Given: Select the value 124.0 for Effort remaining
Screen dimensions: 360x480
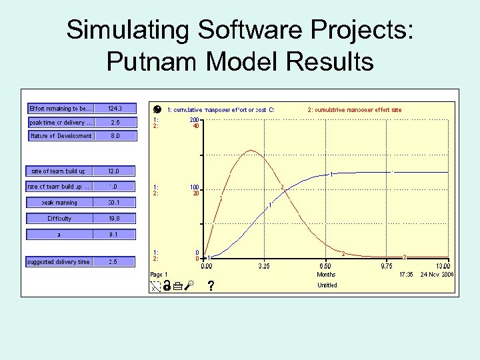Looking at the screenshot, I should [114, 108].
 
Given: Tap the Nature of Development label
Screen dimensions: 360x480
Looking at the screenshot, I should [61, 136].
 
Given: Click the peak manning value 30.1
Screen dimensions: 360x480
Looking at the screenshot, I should [114, 203].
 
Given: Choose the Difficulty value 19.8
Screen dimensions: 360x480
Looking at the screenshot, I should [114, 219].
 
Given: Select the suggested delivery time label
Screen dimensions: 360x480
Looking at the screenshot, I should [59, 262].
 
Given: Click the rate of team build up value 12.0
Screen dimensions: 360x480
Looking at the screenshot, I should [114, 171].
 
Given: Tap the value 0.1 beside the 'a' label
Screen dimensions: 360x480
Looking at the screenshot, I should [114, 235].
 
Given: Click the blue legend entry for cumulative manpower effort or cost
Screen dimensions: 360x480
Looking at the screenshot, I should [221, 109].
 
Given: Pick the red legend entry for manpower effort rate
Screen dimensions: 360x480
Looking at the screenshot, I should [354, 109].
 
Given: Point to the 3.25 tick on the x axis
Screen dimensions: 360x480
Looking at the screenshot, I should [264, 265].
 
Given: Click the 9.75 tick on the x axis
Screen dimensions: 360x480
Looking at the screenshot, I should [386, 265].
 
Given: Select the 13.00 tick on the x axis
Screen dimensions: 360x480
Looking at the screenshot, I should [443, 265].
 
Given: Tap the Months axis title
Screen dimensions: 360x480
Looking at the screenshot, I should [326, 274].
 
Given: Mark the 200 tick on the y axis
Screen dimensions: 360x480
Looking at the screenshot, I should [195, 119].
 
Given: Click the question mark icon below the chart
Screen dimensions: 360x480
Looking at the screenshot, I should [211, 287].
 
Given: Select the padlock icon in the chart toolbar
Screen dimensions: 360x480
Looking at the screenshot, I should [167, 287].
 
